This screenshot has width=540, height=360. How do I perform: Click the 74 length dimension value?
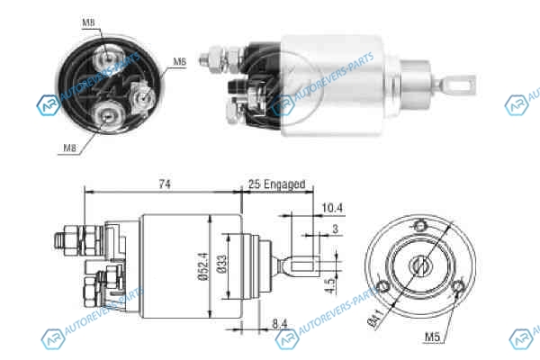[x=165, y=184]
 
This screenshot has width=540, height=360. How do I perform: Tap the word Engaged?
[x=284, y=184]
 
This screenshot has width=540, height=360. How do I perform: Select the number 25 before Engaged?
[x=254, y=184]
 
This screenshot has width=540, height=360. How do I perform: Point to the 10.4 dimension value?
[x=332, y=208]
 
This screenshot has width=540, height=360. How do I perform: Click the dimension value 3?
[x=336, y=229]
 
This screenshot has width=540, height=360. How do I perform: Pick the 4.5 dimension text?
[x=330, y=285]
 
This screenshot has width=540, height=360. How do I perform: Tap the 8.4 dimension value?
[x=280, y=324]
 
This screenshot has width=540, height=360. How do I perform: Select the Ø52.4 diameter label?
[x=203, y=266]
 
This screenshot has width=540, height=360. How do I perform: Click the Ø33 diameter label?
[x=222, y=265]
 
